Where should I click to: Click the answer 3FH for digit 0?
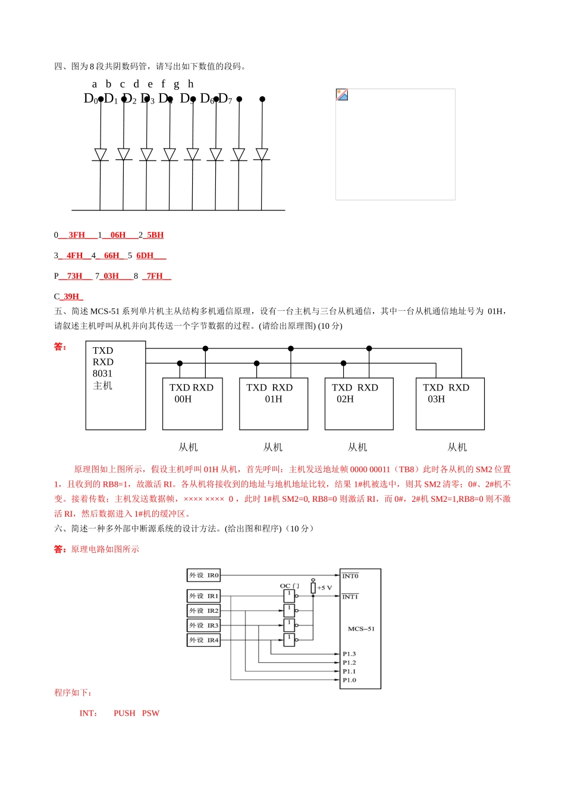(77, 235)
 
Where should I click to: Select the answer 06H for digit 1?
(118, 235)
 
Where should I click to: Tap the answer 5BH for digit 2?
(155, 235)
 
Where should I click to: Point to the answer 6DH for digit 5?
(145, 256)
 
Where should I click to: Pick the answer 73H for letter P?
(74, 276)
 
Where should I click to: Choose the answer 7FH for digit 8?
(155, 276)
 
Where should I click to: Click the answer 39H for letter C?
(71, 296)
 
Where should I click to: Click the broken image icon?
(342, 95)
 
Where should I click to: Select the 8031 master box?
(115, 385)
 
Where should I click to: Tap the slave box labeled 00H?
(192, 403)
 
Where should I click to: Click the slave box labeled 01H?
(273, 403)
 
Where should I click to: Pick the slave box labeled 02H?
(359, 403)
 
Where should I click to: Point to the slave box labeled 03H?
(450, 403)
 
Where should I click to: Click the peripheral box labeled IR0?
(204, 575)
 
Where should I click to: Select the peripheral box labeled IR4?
(204, 640)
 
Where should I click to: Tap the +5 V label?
(325, 587)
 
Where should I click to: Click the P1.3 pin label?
(349, 654)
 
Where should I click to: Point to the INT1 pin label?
(350, 596)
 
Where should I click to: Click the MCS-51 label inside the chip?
(361, 628)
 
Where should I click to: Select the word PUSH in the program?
(124, 713)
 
